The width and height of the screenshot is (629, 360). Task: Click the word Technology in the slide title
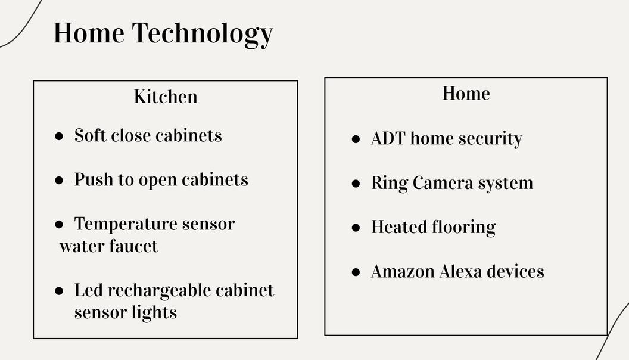203,33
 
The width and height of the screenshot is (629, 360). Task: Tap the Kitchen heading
166,97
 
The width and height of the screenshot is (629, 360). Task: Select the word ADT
388,138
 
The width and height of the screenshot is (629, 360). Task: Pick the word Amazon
403,271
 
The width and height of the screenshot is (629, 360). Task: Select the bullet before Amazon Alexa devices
356,272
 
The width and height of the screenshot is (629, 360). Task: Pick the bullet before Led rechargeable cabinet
59,291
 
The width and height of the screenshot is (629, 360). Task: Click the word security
492,139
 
